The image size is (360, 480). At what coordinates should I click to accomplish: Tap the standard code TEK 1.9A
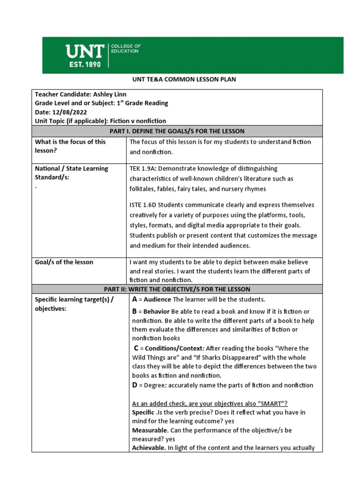(x=144, y=169)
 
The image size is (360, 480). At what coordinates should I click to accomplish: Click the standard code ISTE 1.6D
(x=145, y=205)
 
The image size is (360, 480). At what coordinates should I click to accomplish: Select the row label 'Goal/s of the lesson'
(x=64, y=262)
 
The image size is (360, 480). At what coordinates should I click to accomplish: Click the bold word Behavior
(x=157, y=312)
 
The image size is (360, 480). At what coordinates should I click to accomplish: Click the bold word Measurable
(x=150, y=430)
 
